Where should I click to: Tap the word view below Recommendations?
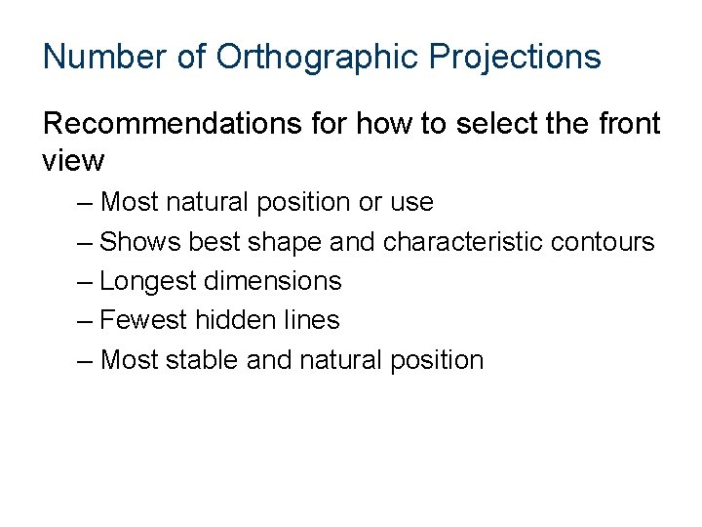[74, 159]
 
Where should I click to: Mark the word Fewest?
[143, 320]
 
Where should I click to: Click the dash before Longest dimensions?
[85, 282]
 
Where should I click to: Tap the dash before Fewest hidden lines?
[85, 321]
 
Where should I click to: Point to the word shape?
[283, 241]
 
